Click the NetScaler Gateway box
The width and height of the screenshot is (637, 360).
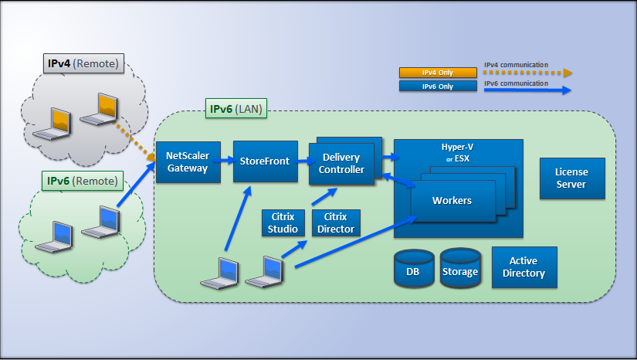(188, 162)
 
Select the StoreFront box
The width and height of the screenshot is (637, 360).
(260, 161)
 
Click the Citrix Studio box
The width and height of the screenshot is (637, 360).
(283, 222)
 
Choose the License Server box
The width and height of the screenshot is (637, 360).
(571, 178)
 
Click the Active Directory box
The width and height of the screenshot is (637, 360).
(523, 267)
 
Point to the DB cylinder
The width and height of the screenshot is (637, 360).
(413, 270)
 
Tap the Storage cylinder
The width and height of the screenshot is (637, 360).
(460, 270)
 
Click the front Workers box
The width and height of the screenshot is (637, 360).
(452, 201)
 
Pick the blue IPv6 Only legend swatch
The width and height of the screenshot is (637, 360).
(437, 87)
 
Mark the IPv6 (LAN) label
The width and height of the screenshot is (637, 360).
(236, 110)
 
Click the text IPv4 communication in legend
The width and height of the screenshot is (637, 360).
(516, 65)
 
